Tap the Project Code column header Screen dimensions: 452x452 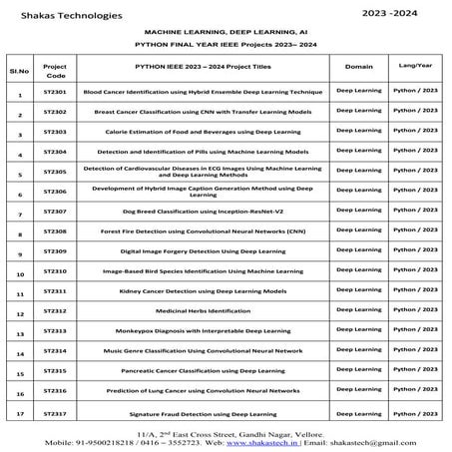[56, 69]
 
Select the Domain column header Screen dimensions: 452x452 [358, 65]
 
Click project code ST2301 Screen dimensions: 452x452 [56, 90]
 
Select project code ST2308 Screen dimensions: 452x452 [56, 230]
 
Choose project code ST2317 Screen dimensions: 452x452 [56, 411]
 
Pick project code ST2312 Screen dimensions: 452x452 [56, 310]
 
